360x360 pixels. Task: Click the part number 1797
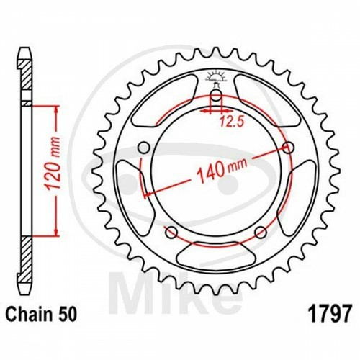click(330, 313)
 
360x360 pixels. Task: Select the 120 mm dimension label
click(53, 164)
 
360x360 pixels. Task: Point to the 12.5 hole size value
click(232, 122)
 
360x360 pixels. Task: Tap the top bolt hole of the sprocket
click(217, 96)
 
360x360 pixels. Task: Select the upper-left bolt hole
click(144, 148)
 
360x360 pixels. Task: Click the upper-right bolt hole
click(289, 148)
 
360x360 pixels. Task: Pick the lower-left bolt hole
click(171, 233)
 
